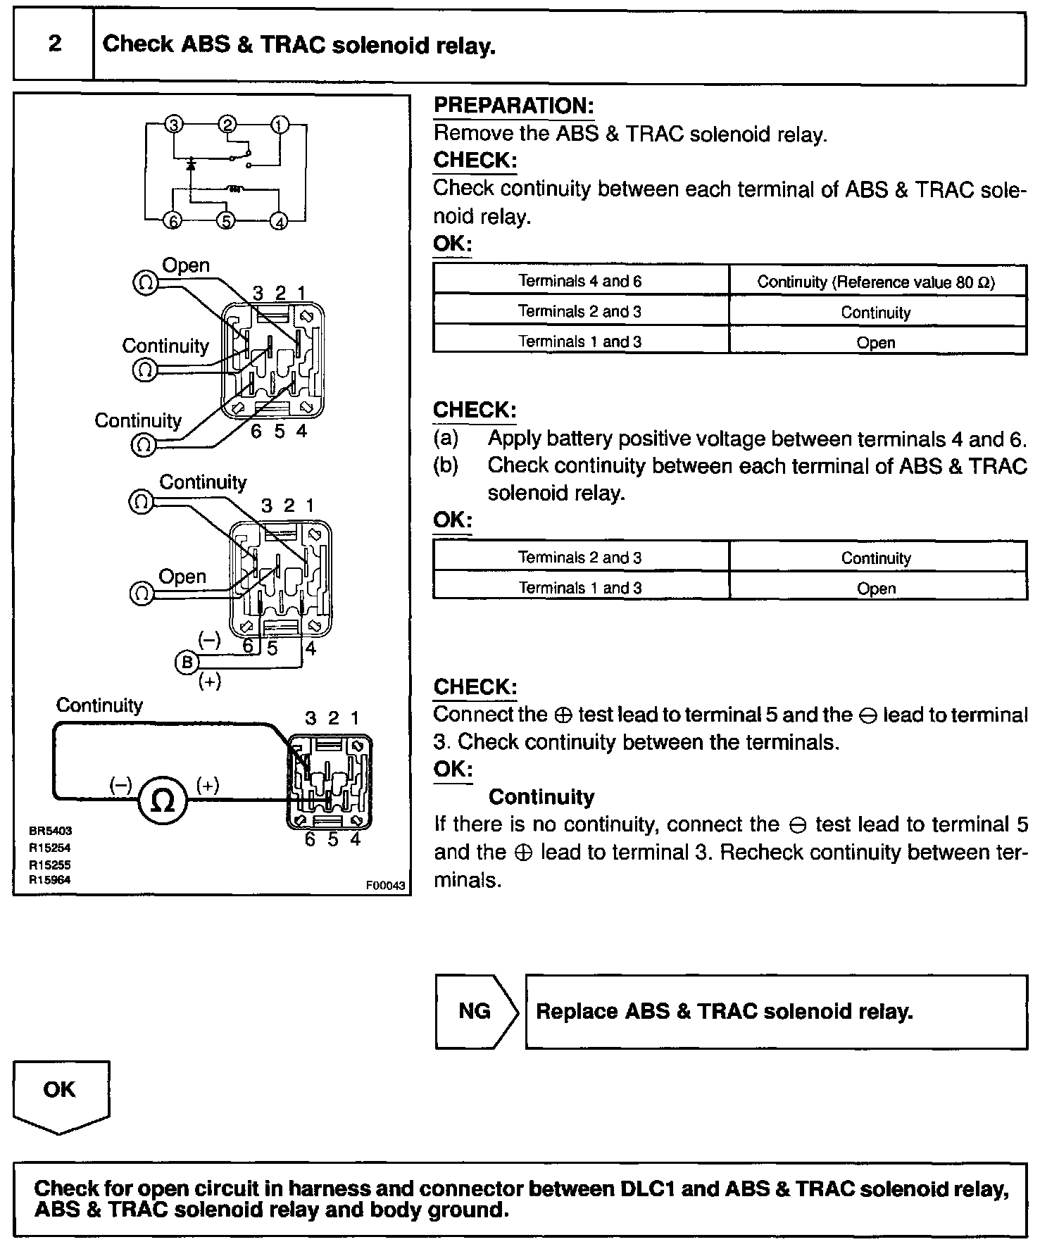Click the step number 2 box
click(x=54, y=45)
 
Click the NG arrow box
click(x=476, y=1011)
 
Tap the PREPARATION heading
click(x=513, y=106)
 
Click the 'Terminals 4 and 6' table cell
click(x=580, y=281)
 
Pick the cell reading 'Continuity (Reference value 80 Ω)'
click(x=876, y=282)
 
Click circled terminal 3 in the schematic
click(x=173, y=125)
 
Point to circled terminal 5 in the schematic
click(x=226, y=220)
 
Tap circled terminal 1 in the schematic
click(x=280, y=125)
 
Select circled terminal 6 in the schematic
click(x=173, y=220)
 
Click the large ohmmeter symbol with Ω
click(x=163, y=801)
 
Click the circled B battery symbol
click(x=187, y=663)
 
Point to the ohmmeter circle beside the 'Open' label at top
click(x=145, y=284)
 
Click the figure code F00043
click(x=386, y=886)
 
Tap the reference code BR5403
click(x=50, y=831)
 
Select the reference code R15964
click(x=50, y=880)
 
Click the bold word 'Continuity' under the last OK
click(x=541, y=797)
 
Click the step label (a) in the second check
click(x=446, y=439)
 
